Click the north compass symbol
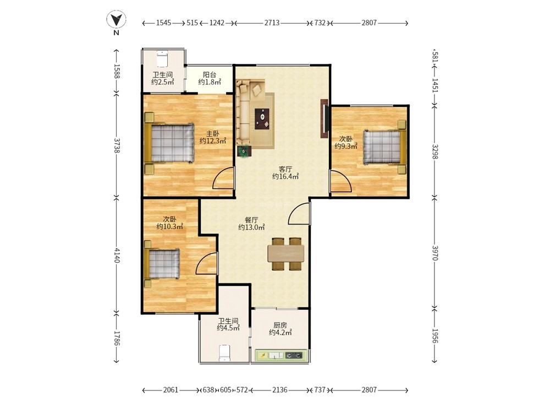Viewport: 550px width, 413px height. point(117,20)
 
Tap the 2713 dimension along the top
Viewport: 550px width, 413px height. point(272,23)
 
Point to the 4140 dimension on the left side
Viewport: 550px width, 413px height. point(117,256)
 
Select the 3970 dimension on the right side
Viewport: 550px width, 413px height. point(435,253)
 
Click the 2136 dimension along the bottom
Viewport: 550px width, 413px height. point(279,390)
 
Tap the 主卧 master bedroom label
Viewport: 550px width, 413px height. point(212,134)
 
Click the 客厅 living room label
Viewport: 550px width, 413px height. point(285,169)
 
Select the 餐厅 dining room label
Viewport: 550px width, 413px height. point(251,220)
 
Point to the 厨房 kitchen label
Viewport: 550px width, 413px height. point(280,325)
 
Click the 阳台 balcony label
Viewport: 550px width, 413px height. point(210,74)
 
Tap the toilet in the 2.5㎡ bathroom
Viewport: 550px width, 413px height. point(162,59)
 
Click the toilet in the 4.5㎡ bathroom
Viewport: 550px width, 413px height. point(224,353)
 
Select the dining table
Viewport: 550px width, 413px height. point(286,253)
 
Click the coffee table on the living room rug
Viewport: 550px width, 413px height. point(262,119)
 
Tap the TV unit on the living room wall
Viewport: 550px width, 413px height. point(324,121)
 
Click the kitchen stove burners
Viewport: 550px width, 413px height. point(294,355)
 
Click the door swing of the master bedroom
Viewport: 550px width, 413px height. point(223,178)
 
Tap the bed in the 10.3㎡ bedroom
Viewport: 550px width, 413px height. point(161,264)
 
